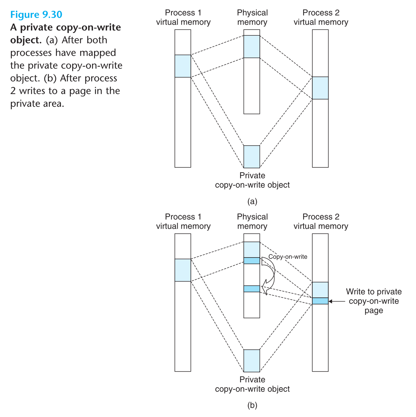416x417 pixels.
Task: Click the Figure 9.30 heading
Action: (x=36, y=15)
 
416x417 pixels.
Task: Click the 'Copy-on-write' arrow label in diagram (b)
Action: (x=288, y=257)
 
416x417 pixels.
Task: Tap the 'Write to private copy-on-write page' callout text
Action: (x=374, y=301)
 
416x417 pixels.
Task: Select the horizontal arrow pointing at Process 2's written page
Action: (x=337, y=301)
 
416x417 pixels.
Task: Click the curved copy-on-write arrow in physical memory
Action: (x=271, y=274)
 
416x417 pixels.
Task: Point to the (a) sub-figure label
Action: (x=252, y=201)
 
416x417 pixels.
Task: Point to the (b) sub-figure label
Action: (x=252, y=405)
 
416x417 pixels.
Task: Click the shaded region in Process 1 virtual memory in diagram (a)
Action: (x=183, y=66)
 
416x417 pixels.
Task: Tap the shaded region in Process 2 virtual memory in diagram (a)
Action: (x=320, y=88)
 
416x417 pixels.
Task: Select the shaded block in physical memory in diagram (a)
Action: (x=252, y=46)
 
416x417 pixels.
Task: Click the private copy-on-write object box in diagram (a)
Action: (x=252, y=157)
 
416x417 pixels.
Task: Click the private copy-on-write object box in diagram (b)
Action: (x=252, y=360)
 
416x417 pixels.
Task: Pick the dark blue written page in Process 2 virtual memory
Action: (x=320, y=301)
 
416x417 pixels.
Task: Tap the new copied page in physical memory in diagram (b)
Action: (x=252, y=289)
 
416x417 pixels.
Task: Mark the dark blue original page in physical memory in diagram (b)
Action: (x=252, y=261)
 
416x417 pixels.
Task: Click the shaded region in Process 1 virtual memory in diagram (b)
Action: (x=183, y=270)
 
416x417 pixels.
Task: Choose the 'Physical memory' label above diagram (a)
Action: (x=252, y=17)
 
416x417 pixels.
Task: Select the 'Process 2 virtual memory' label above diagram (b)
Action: (x=321, y=221)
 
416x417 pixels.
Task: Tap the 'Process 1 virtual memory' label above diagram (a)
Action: (x=183, y=17)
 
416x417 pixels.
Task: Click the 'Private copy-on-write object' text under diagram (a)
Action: (x=252, y=180)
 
